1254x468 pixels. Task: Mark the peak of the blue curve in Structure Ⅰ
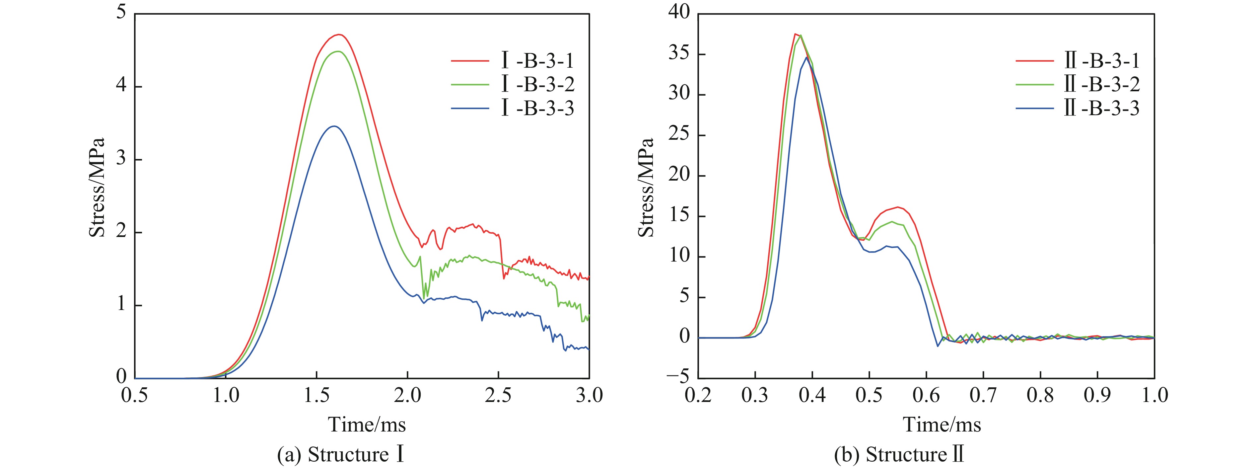pos(334,126)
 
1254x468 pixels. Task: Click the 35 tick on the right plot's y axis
pos(679,53)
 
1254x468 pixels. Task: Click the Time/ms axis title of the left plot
pos(367,424)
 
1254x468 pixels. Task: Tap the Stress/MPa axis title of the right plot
pos(647,188)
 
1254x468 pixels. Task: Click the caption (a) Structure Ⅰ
pos(341,455)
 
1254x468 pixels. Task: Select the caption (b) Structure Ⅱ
pos(899,455)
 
